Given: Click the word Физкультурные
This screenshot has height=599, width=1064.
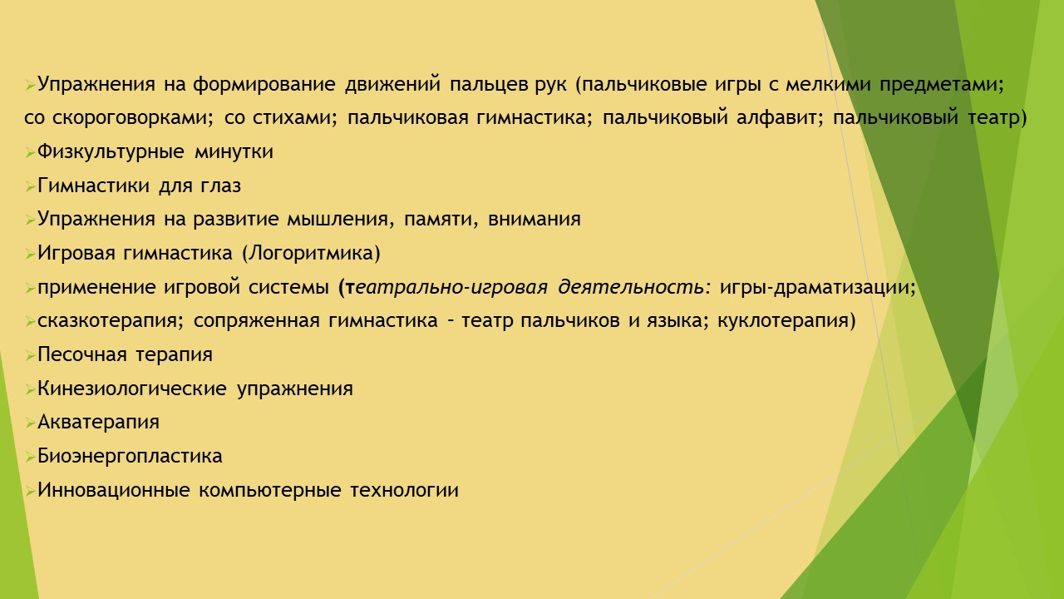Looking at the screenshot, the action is [111, 152].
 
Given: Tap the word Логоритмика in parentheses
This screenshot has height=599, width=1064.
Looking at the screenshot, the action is [311, 254].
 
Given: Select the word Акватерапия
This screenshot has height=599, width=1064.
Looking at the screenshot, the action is [98, 423].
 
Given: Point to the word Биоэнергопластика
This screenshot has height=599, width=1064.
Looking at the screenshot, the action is [130, 457].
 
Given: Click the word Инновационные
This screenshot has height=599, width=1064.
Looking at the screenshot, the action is [114, 490].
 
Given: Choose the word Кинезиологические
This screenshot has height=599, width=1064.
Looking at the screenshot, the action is [132, 389].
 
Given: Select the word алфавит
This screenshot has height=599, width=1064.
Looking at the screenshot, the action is [779, 118].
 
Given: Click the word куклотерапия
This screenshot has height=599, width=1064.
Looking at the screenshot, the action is [786, 321].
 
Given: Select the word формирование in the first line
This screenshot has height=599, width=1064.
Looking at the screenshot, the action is [264, 85].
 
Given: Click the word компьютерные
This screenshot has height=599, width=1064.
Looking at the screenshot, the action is [270, 491].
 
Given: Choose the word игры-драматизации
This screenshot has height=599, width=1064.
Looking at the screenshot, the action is [817, 288].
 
